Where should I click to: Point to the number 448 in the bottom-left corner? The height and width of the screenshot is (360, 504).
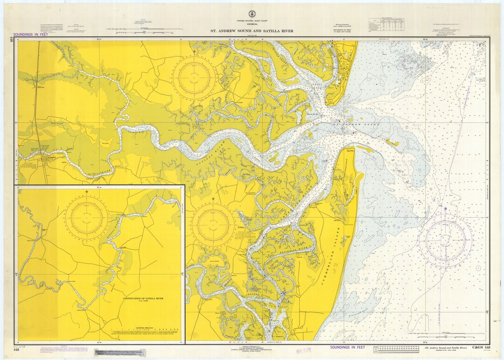point(16,349)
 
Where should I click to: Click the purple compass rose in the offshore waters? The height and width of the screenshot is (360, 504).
point(445,241)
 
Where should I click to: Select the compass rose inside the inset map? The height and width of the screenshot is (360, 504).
point(87,217)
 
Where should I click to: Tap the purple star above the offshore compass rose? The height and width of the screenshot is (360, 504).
point(445,208)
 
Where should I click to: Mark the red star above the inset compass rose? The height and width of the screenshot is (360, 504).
point(87,192)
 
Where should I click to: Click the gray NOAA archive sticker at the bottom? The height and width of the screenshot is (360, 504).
point(121,352)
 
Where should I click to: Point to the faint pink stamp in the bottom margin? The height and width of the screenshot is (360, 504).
point(304,350)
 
